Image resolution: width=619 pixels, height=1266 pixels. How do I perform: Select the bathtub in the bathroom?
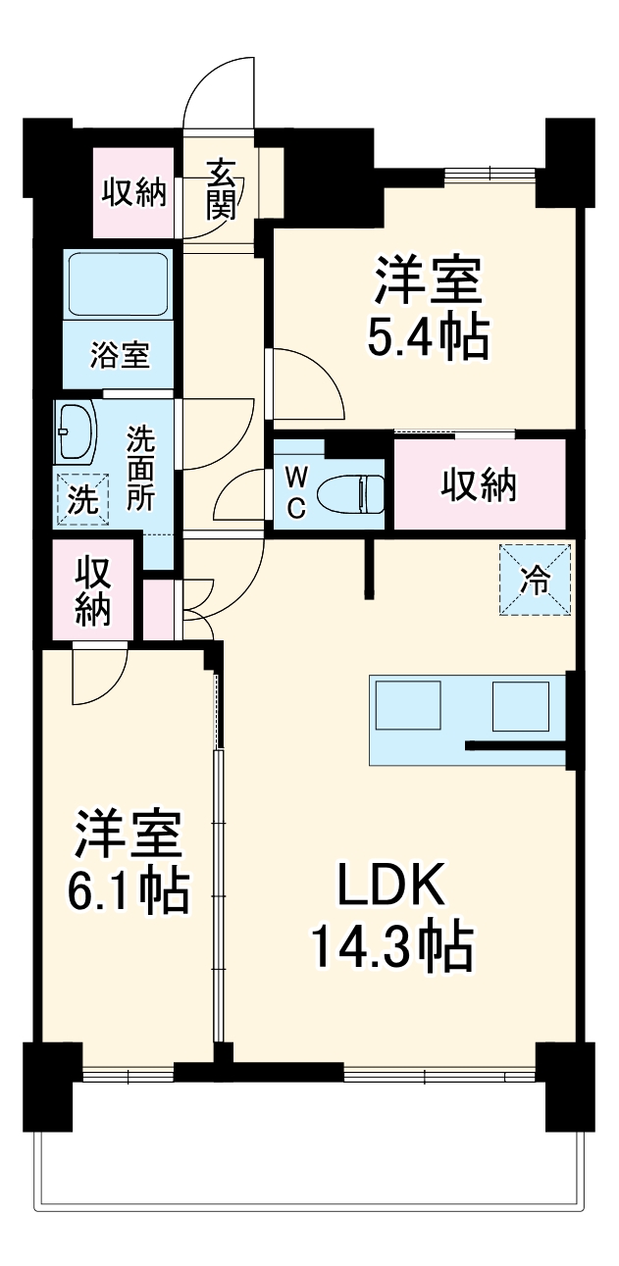tap(119, 283)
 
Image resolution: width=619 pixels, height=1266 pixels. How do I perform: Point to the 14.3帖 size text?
tap(391, 946)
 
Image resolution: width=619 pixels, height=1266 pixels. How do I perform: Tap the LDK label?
tap(391, 887)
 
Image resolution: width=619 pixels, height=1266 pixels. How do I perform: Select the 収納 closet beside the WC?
tap(479, 484)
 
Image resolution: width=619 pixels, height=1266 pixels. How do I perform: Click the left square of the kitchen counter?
tap(409, 705)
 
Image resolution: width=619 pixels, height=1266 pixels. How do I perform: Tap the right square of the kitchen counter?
tap(520, 705)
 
